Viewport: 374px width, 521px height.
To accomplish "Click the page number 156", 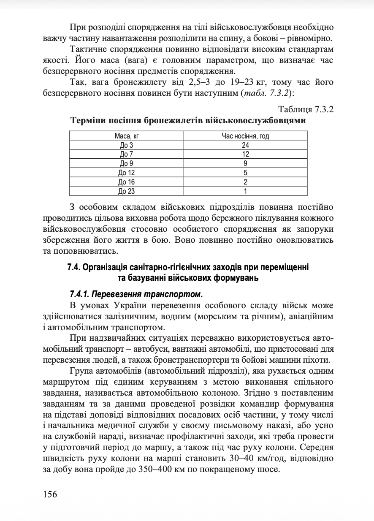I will point(50,494).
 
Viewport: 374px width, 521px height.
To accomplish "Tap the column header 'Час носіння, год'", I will point(246,136).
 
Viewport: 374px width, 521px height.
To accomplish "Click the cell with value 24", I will point(246,145).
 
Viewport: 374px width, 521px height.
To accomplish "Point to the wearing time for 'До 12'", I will point(246,173).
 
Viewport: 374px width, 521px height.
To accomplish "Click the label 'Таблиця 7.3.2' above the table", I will point(306,110).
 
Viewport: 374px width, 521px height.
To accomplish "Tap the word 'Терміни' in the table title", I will point(89,121).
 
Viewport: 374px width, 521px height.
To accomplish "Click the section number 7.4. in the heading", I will point(74,267).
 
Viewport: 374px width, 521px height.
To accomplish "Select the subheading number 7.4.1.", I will point(81,293).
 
